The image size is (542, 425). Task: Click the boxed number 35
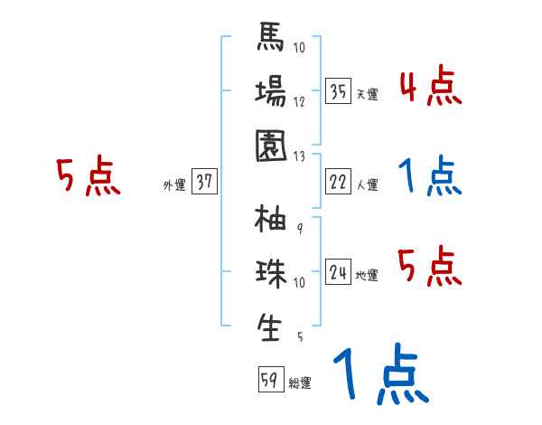tap(339, 92)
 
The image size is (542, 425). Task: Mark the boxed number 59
tap(269, 381)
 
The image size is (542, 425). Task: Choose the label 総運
tap(300, 383)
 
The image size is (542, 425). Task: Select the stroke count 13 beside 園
tap(300, 156)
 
